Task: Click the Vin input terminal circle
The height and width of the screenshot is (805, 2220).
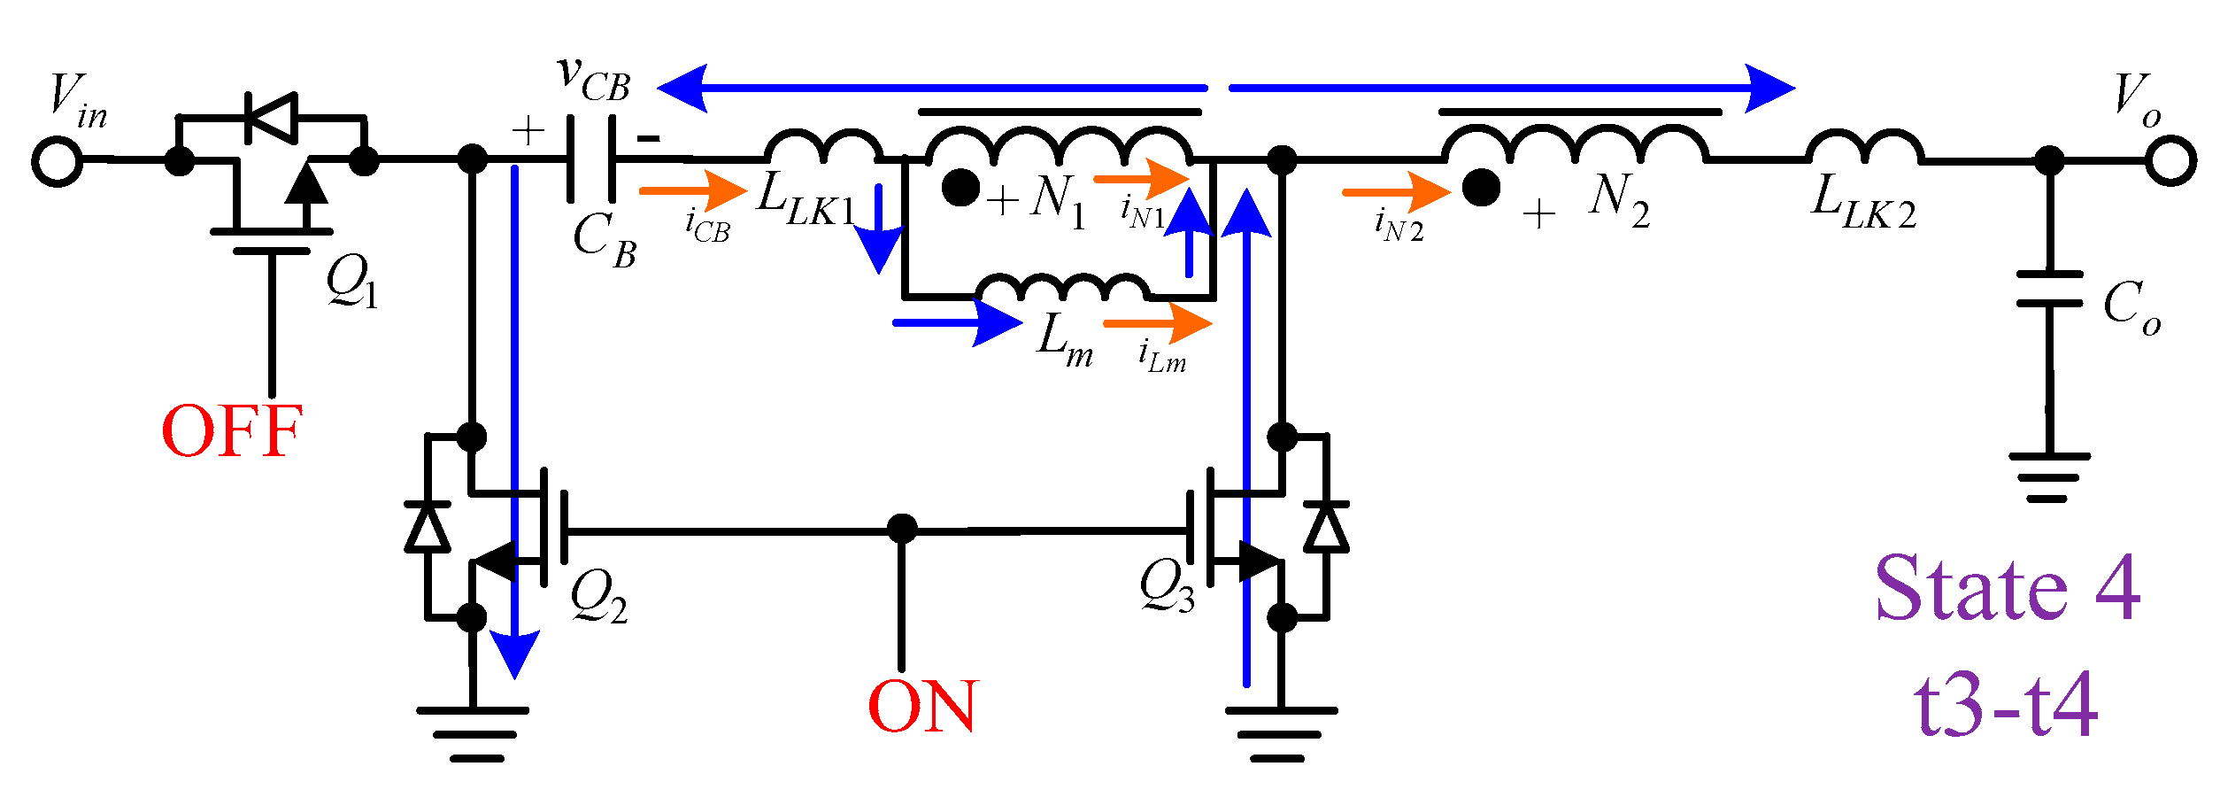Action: click(58, 161)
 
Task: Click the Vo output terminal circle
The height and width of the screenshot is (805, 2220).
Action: click(2170, 161)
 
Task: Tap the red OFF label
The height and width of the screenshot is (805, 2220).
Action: click(232, 432)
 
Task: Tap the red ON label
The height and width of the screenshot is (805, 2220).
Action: click(922, 707)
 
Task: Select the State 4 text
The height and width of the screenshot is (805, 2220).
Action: click(2008, 588)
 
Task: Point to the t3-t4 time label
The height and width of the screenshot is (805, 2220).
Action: click(2006, 706)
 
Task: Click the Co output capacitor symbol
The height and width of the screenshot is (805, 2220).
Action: click(2049, 289)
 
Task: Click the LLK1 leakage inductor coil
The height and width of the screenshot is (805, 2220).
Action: click(823, 147)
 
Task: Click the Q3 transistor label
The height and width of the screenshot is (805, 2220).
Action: click(1167, 586)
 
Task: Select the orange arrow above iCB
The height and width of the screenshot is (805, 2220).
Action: click(692, 190)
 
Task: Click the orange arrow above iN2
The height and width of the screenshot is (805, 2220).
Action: click(1396, 191)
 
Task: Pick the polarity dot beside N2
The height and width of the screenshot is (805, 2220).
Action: click(1481, 188)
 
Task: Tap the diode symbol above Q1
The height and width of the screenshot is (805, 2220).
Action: click(271, 117)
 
